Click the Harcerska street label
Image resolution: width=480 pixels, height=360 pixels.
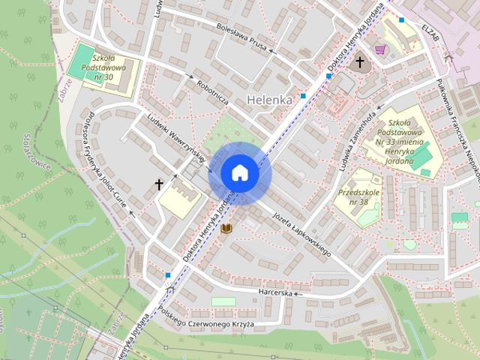275,292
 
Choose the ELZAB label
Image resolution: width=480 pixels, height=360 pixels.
429,31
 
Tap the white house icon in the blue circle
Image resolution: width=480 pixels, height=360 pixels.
239,172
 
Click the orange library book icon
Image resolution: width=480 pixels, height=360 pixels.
225,228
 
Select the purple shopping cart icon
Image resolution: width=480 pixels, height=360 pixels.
380,49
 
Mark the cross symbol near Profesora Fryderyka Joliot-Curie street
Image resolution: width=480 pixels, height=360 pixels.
159,183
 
